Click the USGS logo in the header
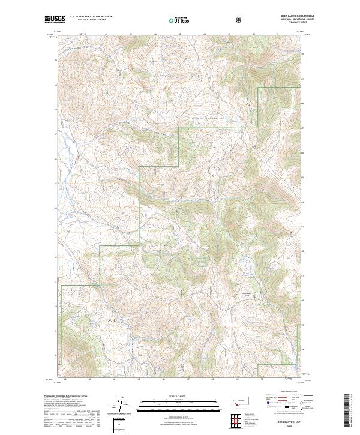click(x=55, y=19)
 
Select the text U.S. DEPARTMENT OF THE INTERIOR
click(x=90, y=17)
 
